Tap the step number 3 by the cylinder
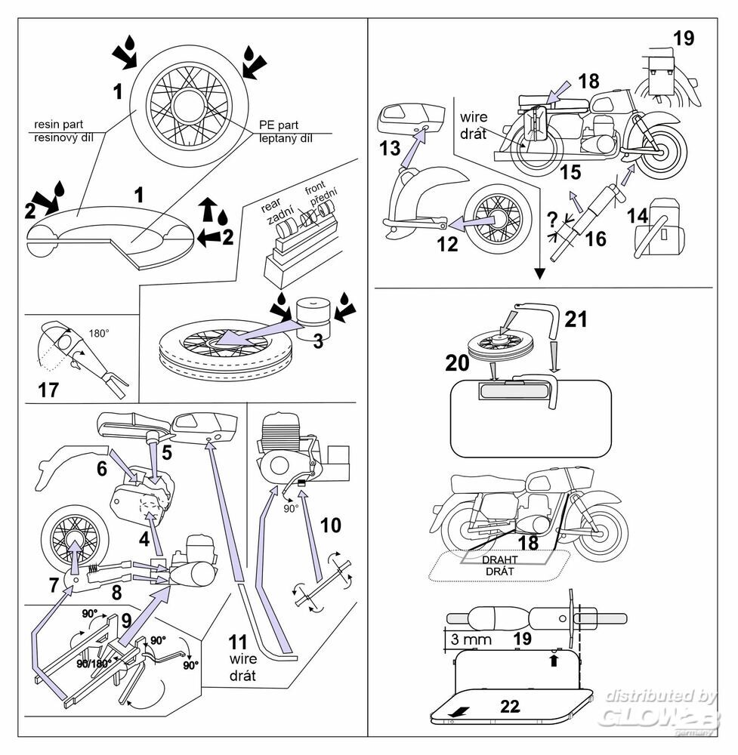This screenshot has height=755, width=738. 317,341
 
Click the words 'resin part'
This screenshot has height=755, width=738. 58,125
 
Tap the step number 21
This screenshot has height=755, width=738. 576,319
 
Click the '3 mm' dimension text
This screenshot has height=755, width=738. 471,639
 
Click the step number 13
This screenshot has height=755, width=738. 390,149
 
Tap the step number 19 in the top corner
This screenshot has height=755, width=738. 683,38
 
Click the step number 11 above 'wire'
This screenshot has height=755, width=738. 238,643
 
